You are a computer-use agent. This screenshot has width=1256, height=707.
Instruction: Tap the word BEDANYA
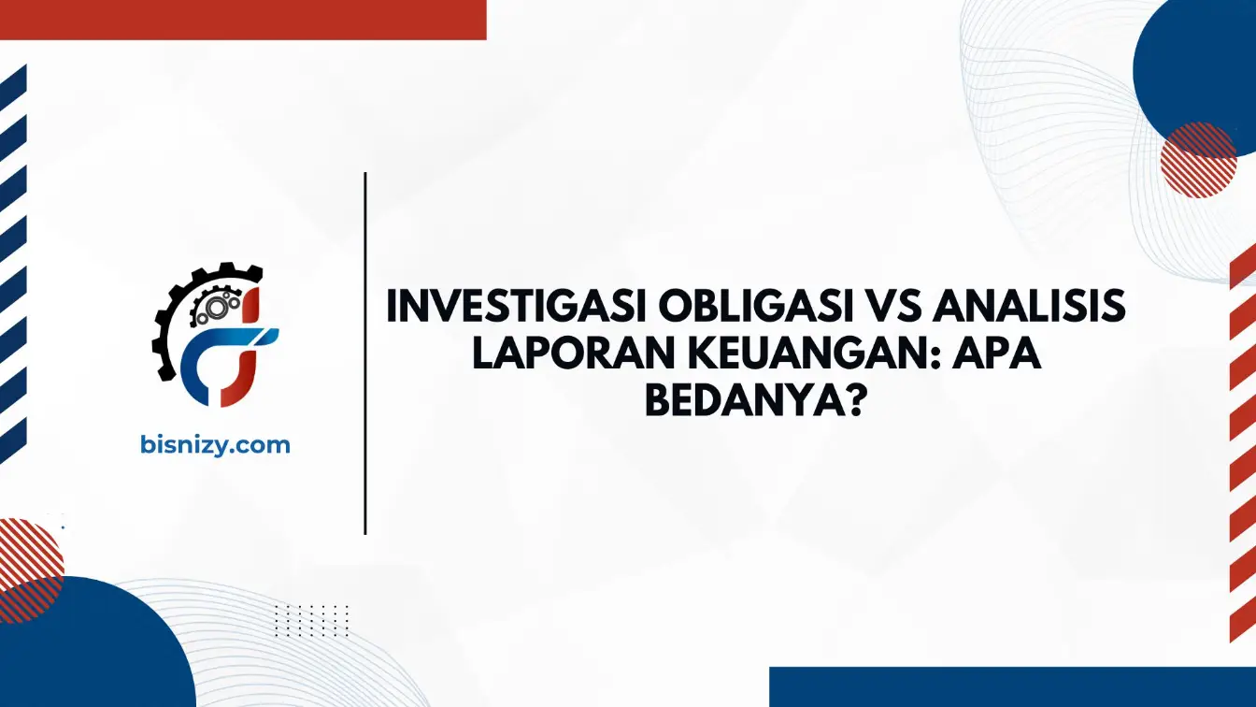[x=743, y=400]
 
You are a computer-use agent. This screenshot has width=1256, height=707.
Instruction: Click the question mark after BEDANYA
[x=851, y=400]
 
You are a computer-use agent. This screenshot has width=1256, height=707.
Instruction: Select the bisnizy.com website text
[x=215, y=445]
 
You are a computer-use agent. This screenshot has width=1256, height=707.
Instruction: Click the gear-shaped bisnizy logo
[x=215, y=335]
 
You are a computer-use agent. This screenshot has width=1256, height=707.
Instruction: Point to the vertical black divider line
[x=365, y=353]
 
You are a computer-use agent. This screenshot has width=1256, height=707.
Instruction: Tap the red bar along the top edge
[x=243, y=20]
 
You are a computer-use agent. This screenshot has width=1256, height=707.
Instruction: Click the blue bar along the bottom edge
[x=1013, y=686]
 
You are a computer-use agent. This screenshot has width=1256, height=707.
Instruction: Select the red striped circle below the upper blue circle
[x=1198, y=160]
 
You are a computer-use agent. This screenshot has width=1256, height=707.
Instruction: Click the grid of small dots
[x=312, y=621]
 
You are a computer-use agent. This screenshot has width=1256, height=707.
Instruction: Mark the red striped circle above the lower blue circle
[x=28, y=570]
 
